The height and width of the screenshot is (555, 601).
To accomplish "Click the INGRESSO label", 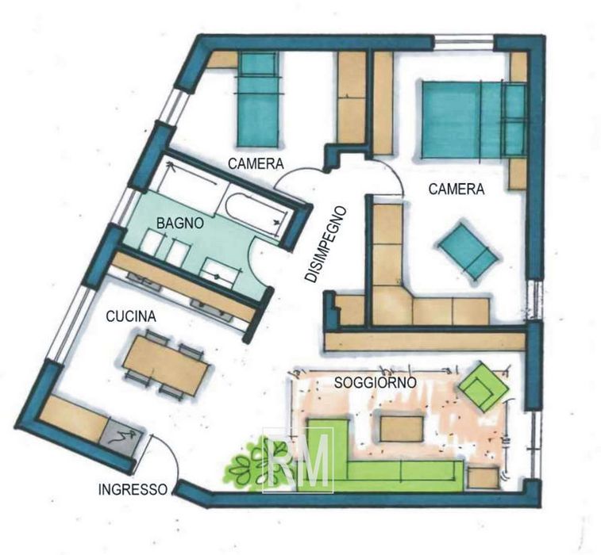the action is [133, 489].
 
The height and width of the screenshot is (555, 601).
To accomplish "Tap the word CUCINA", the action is [131, 316].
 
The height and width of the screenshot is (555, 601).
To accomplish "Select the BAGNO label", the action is [179, 223].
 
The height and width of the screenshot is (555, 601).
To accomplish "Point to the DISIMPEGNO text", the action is [326, 244].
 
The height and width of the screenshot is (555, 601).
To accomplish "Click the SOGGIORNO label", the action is [376, 382].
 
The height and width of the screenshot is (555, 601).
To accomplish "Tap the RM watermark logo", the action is [298, 460].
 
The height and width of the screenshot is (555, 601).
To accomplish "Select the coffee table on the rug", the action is [402, 428].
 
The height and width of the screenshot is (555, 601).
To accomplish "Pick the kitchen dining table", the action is [167, 363].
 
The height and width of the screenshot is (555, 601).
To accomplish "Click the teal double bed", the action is [474, 120].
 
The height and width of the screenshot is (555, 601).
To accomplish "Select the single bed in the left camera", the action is [258, 100].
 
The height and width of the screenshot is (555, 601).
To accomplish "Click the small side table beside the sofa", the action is [483, 478].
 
